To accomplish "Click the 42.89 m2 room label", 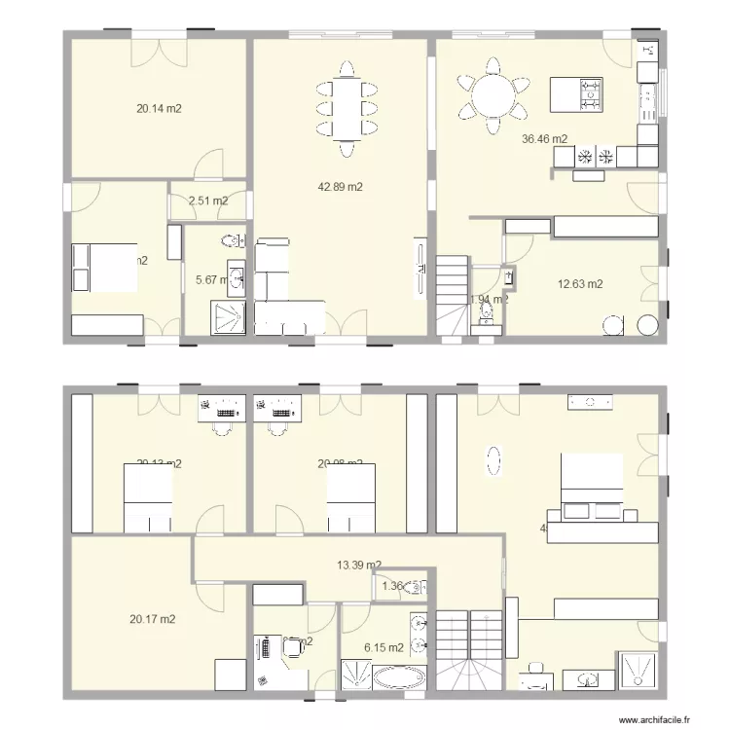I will click(x=341, y=188).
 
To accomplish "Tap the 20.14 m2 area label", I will click(x=160, y=109).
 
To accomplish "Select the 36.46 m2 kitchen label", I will click(x=545, y=139).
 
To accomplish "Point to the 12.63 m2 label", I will click(x=580, y=284).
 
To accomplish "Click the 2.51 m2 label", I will click(x=208, y=201).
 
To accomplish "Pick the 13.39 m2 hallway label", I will click(x=358, y=565).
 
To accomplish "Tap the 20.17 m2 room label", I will click(x=153, y=618).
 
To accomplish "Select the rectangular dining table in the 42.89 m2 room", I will click(x=346, y=105).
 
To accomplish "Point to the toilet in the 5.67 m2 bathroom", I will click(x=233, y=241).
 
